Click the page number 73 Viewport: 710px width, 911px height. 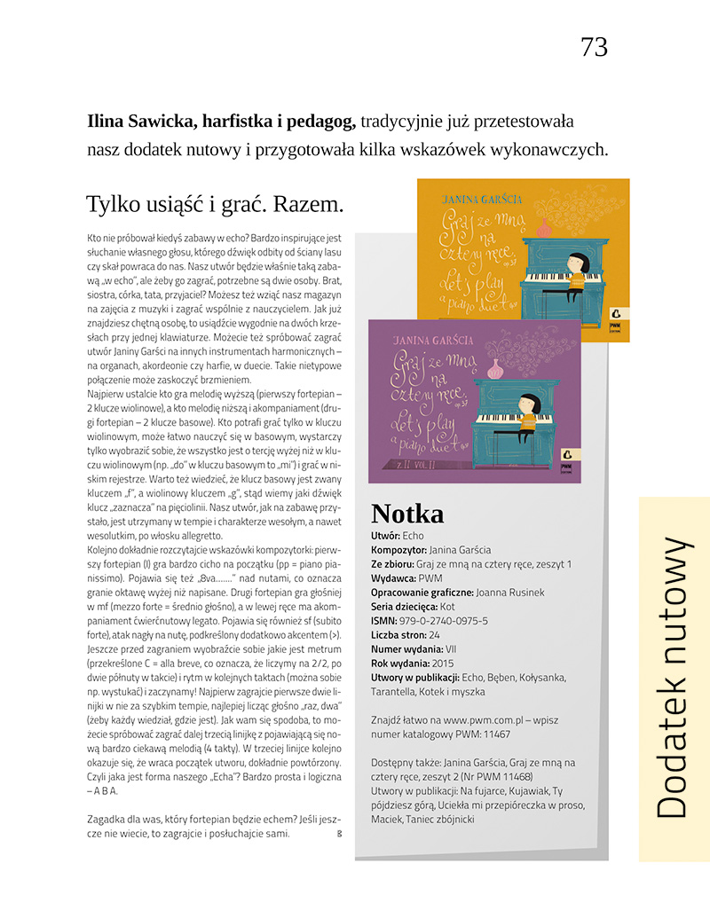[594, 47]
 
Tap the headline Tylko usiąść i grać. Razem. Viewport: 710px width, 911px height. [215, 204]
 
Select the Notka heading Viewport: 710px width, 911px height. [407, 514]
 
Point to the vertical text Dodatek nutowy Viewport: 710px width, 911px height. [674, 678]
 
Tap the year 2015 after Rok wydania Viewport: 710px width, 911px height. [446, 663]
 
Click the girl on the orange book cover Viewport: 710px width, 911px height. [574, 271]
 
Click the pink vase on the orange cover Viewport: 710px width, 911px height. [544, 228]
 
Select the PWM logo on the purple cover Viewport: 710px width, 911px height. [565, 456]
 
